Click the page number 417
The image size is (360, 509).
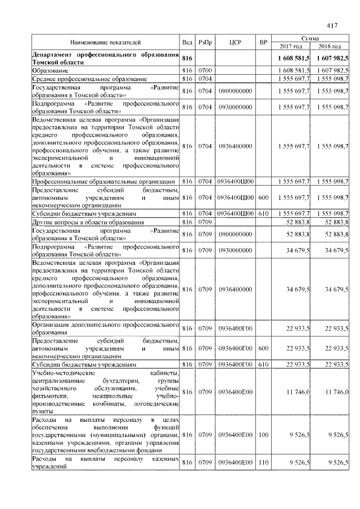(332, 25)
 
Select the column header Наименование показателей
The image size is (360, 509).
(105, 43)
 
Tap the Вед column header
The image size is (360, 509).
(187, 43)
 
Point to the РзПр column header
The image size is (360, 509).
(204, 43)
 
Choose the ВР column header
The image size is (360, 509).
(263, 43)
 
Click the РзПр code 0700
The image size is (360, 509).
(204, 71)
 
